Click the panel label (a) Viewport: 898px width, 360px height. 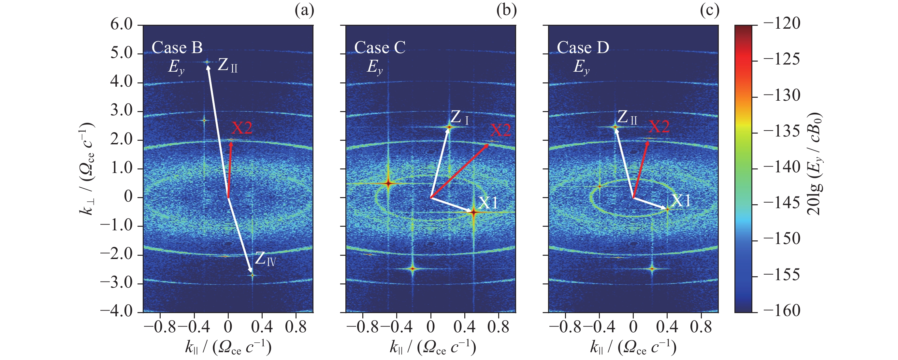(304, 11)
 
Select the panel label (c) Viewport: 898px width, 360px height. (709, 11)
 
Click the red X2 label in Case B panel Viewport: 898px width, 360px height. (242, 128)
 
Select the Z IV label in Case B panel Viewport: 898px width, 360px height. (265, 259)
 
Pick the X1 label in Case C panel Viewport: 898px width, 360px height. (488, 202)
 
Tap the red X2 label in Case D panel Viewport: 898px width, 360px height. (659, 126)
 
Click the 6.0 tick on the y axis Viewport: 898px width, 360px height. (122, 25)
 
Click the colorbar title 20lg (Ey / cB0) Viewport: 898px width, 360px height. (815, 164)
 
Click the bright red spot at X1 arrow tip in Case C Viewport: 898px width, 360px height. (473, 212)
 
